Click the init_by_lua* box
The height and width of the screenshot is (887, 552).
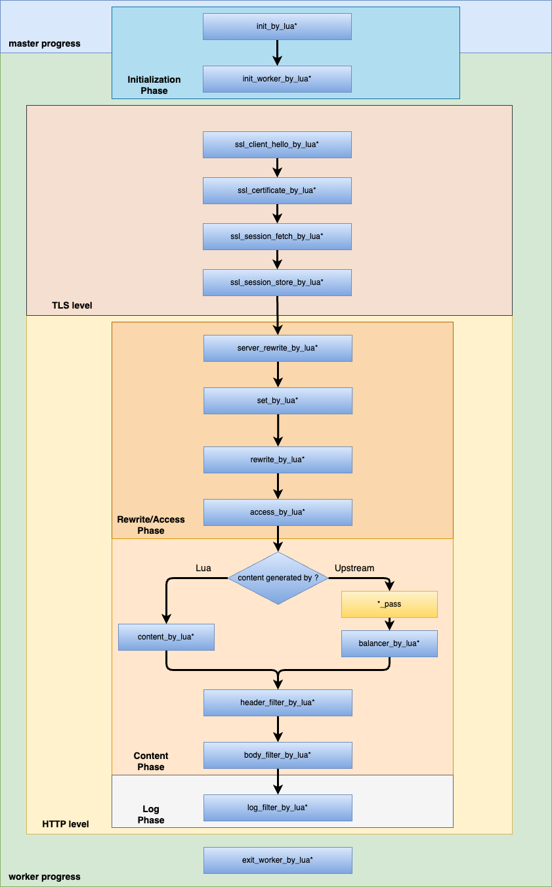[x=277, y=26]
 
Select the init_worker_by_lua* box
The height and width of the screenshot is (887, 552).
[x=277, y=79]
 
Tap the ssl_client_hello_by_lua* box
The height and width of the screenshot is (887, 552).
[x=277, y=144]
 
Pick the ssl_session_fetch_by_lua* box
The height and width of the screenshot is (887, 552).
[x=277, y=236]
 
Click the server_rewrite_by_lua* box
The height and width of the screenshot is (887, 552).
[x=278, y=348]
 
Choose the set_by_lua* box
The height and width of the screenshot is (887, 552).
[x=278, y=400]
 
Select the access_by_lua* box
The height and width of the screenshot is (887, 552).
[x=278, y=512]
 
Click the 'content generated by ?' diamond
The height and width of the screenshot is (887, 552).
[x=278, y=578]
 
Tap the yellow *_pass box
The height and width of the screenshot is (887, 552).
[x=389, y=604]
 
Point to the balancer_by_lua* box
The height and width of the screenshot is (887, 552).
[x=389, y=643]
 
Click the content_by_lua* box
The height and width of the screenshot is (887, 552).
[x=166, y=637]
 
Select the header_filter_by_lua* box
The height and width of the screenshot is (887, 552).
[x=278, y=703]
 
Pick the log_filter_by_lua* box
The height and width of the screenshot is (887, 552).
[x=278, y=808]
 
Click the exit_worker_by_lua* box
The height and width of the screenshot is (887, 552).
[x=278, y=860]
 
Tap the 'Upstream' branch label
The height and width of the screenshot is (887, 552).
[x=354, y=568]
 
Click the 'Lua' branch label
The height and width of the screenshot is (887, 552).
[x=203, y=568]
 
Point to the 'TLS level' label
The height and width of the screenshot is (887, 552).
[x=72, y=305]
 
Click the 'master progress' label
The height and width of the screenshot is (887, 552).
[x=45, y=44]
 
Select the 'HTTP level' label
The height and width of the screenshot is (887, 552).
[x=66, y=824]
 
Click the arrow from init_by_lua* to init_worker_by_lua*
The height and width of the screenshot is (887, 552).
[x=277, y=53]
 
